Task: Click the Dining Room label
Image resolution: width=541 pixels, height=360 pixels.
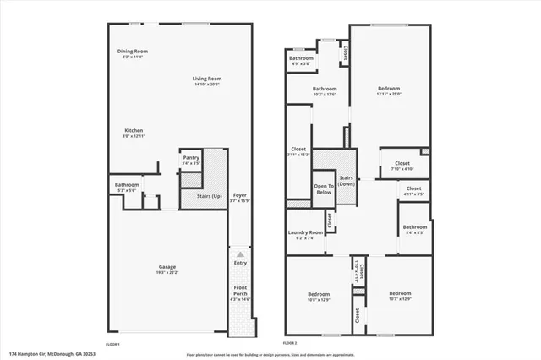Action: (133, 52)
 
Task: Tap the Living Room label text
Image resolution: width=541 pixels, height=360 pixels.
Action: (206, 79)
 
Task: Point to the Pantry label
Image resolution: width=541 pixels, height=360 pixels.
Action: (190, 157)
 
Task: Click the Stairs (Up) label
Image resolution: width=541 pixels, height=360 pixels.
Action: (209, 196)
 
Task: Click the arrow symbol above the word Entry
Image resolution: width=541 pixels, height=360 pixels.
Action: (240, 254)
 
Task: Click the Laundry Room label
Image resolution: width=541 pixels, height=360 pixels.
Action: (305, 232)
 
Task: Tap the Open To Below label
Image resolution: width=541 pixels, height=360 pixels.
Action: (323, 188)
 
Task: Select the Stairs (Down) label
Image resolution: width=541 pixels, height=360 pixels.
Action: (346, 181)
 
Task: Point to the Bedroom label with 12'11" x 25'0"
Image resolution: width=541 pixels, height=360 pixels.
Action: (389, 88)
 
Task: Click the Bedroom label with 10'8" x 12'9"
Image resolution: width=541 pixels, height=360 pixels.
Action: (319, 293)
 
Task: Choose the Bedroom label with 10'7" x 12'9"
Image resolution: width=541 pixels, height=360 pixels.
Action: (400, 293)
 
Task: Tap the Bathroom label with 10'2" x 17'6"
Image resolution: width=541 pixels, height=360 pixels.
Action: (325, 89)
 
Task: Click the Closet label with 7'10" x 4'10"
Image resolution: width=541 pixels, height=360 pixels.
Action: (402, 163)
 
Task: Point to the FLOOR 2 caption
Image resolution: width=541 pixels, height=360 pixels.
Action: (289, 343)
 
